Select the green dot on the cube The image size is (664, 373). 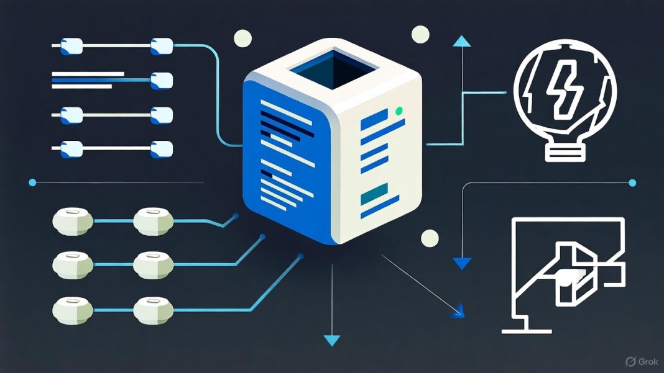(399, 111)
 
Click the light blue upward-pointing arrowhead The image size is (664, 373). (461, 42)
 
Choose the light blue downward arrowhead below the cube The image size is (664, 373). (333, 339)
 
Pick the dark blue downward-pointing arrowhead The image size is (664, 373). (461, 263)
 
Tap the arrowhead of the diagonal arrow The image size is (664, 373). (459, 311)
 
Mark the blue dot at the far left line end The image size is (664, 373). (32, 182)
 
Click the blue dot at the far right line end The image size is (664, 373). (632, 182)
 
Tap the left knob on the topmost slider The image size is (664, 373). (71, 45)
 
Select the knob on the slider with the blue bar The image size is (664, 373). (161, 80)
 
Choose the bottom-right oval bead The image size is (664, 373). (153, 308)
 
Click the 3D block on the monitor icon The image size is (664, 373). (575, 273)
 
